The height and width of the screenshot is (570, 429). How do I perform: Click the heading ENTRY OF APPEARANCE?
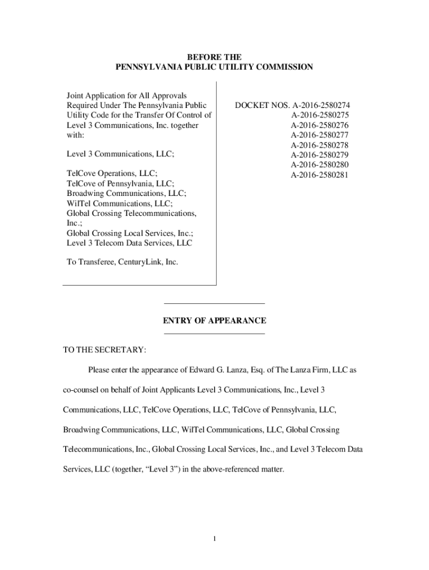pos(214,321)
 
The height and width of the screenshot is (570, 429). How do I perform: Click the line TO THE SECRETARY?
pos(105,350)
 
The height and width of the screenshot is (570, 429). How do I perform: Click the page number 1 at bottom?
pos(214,538)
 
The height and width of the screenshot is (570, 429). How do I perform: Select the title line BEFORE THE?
pos(214,57)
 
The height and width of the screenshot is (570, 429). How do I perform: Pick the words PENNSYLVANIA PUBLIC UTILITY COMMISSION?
pos(214,67)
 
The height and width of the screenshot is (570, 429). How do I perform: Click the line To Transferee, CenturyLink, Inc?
pos(123,262)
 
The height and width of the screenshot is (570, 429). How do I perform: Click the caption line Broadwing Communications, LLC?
pos(126,193)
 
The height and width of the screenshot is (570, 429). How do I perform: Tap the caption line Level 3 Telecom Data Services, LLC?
pos(130,243)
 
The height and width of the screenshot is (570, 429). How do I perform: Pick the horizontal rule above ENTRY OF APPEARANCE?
pos(214,303)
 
